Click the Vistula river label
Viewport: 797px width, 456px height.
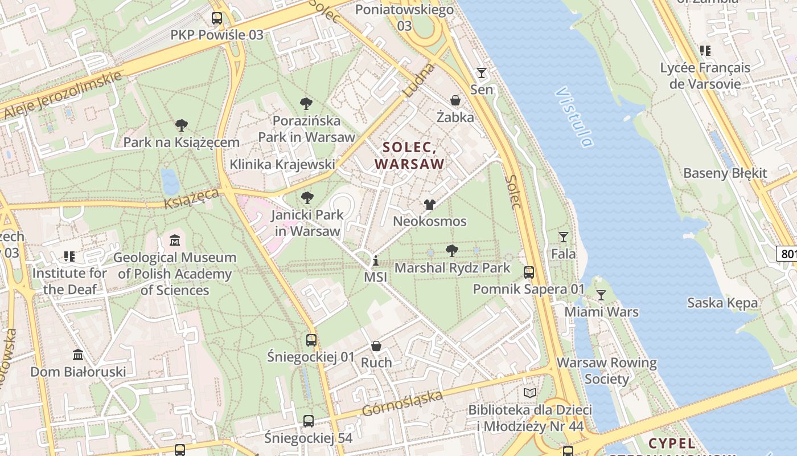tap(574, 117)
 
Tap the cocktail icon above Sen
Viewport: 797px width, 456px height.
tap(482, 73)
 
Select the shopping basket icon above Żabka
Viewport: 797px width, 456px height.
tap(455, 100)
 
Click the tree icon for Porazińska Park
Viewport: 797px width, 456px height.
tap(306, 104)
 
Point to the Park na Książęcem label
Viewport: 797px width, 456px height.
tap(181, 142)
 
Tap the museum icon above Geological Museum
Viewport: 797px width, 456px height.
tap(175, 241)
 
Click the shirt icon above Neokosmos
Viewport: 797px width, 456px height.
tap(430, 205)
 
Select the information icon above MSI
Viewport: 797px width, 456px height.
tap(375, 261)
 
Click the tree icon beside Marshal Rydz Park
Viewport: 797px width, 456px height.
tap(452, 251)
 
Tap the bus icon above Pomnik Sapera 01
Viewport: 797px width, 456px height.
tap(529, 272)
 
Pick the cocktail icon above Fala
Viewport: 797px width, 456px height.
tap(564, 237)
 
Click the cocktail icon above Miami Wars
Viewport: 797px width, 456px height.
tap(601, 295)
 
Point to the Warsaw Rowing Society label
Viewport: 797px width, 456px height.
tap(606, 370)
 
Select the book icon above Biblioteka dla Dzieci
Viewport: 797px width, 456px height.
tap(530, 393)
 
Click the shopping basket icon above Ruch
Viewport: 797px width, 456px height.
tap(376, 346)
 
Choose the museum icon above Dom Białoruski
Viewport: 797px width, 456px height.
tap(78, 356)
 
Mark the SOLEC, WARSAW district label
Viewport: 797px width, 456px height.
tap(409, 156)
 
